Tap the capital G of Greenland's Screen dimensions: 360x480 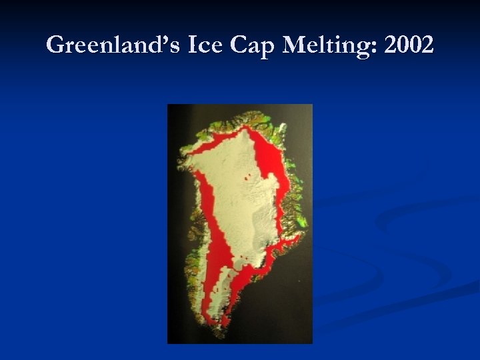coord(56,46)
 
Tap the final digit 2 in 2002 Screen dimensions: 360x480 coord(427,46)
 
